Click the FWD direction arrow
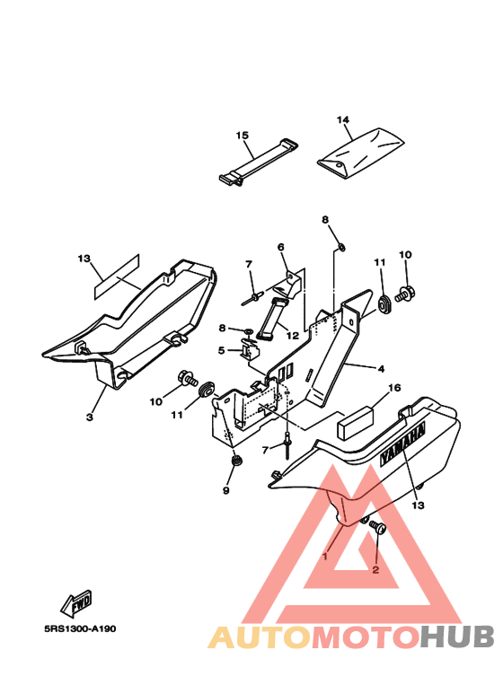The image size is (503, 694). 76,603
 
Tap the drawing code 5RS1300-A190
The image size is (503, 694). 80,629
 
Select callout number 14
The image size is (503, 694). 343,120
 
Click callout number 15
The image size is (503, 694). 243,135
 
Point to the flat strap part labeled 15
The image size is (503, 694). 259,163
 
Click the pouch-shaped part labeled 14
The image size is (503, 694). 361,154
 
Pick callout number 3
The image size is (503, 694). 90,417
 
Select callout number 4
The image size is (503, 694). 381,368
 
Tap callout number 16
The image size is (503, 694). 394,388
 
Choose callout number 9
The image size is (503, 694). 225,490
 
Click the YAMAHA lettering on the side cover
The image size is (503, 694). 402,444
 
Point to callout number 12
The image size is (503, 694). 292,336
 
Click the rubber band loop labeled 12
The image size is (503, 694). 272,319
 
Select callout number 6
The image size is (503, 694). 281,247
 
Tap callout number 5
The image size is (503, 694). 221,350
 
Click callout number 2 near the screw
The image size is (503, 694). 375,570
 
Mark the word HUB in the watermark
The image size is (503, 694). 456,637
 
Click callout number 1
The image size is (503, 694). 325,556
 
